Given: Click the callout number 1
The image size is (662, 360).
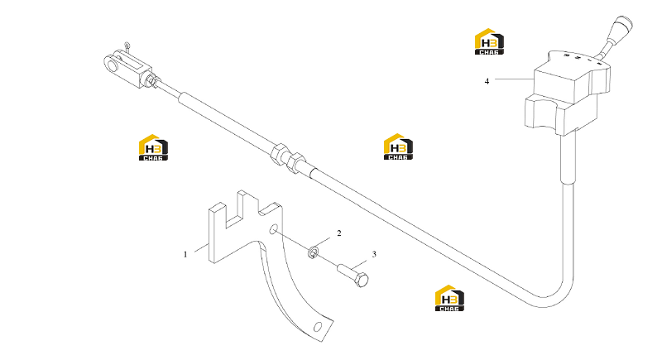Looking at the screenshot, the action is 185,255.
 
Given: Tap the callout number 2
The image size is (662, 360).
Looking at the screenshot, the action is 338,233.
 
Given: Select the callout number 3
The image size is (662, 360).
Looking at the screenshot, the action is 374,254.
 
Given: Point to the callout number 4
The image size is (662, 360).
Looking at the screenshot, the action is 487,81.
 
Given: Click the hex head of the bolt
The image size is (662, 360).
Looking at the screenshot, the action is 362,280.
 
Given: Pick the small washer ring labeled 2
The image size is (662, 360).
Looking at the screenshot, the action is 313,252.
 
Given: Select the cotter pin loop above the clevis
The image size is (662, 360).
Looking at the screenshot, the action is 127,45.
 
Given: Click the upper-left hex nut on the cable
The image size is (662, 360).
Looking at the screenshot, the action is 280,155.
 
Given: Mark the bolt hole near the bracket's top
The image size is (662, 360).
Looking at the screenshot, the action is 273,229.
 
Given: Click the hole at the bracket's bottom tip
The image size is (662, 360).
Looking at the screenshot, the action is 318,327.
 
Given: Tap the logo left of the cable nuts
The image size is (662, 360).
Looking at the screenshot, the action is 153,147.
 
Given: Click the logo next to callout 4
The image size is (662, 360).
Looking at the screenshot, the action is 489,41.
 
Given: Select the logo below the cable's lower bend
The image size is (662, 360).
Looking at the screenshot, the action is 449,298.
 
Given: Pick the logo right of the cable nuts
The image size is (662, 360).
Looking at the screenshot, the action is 398,146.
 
